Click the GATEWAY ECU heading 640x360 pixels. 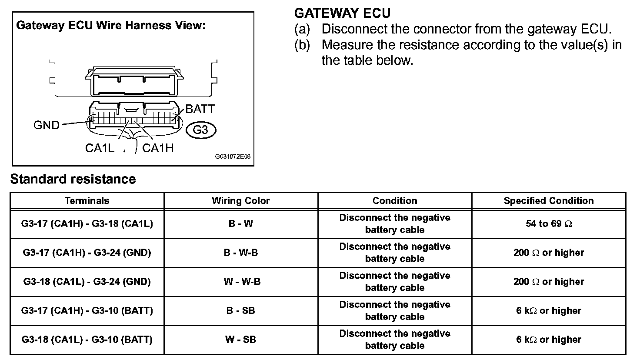coord(342,13)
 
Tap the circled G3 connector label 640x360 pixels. coord(201,130)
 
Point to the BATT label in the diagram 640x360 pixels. coord(200,109)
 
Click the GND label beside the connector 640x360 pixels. coord(46,125)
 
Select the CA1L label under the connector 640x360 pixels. coord(100,148)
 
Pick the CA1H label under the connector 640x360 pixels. coord(158,148)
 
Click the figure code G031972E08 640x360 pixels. coord(233,157)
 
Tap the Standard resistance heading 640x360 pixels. coord(73,179)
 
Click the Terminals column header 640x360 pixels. coord(87,200)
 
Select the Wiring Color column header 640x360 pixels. coord(241,200)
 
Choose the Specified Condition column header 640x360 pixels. coord(549,200)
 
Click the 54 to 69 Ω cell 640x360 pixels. coord(549,223)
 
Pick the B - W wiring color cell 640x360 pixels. coord(240,223)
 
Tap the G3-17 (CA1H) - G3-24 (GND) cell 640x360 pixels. coord(87,253)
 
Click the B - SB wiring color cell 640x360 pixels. coord(240,310)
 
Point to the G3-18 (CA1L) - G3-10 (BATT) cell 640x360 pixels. coord(87,340)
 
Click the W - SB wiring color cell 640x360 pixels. coord(240,340)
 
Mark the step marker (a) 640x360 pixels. coord(302,29)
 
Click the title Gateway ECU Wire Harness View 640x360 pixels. coord(111,25)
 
